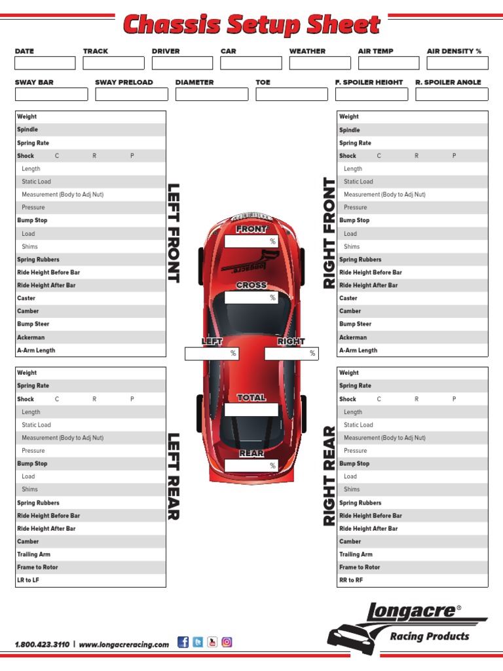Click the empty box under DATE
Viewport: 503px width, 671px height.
pyautogui.click(x=45, y=63)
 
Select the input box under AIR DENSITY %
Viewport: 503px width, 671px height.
pyautogui.click(x=457, y=63)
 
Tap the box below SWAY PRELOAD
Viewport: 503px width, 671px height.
pyautogui.click(x=131, y=94)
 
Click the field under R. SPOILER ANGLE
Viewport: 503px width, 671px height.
pyautogui.click(x=451, y=94)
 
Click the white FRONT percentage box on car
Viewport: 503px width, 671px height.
pyautogui.click(x=251, y=242)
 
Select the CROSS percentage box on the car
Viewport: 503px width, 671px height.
pyautogui.click(x=251, y=298)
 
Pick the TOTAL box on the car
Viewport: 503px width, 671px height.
pyautogui.click(x=251, y=410)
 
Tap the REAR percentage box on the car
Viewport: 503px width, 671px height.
pyautogui.click(x=251, y=466)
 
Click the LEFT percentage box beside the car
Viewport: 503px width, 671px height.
pyautogui.click(x=212, y=354)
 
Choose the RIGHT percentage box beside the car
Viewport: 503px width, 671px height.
pyautogui.click(x=291, y=354)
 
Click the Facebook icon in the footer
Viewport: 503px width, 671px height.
pyautogui.click(x=183, y=642)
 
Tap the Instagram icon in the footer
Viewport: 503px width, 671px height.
pyautogui.click(x=227, y=642)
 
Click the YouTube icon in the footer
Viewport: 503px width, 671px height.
pyautogui.click(x=212, y=642)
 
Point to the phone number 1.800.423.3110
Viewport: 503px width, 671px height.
pyautogui.click(x=42, y=644)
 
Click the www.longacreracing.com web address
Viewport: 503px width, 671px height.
pyautogui.click(x=124, y=644)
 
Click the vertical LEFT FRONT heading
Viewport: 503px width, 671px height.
pyautogui.click(x=174, y=233)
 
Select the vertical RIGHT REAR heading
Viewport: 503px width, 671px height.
pyautogui.click(x=329, y=476)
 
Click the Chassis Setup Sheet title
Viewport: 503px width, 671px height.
pyautogui.click(x=251, y=25)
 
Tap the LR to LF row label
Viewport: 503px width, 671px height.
pyautogui.click(x=28, y=581)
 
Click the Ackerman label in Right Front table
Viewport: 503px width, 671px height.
pyautogui.click(x=353, y=337)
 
